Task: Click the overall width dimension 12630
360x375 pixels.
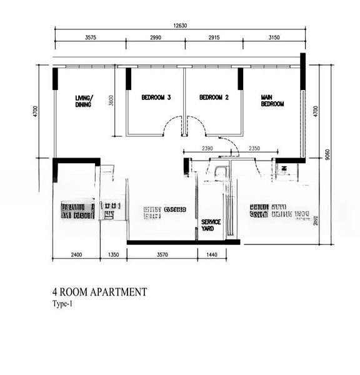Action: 180,26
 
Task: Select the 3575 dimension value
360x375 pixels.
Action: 90,38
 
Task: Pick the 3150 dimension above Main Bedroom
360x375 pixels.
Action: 274,38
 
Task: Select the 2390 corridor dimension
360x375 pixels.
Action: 207,148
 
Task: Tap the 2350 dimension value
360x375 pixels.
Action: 254,148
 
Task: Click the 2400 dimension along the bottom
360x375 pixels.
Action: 76,255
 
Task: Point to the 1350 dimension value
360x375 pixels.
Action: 113,255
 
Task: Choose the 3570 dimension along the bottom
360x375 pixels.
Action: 162,255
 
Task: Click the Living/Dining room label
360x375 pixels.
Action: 83,101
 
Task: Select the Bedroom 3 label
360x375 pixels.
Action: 156,97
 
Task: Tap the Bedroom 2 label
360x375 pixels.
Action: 214,97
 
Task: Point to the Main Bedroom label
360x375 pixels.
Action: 272,101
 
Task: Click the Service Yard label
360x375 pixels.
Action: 211,225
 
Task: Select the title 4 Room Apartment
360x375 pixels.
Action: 99,292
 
